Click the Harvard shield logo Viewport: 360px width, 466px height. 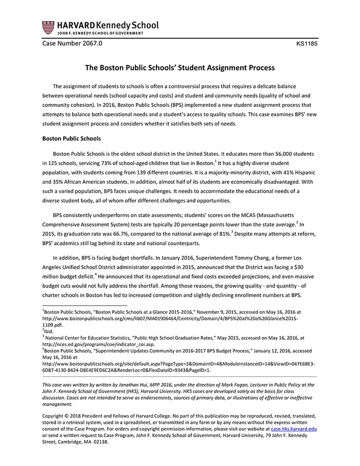coord(48,27)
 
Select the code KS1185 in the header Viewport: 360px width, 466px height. coord(307,44)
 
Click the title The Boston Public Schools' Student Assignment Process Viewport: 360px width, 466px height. coord(179,67)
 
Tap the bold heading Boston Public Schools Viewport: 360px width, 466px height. coord(71,138)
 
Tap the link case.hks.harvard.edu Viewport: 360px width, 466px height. coord(294,428)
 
